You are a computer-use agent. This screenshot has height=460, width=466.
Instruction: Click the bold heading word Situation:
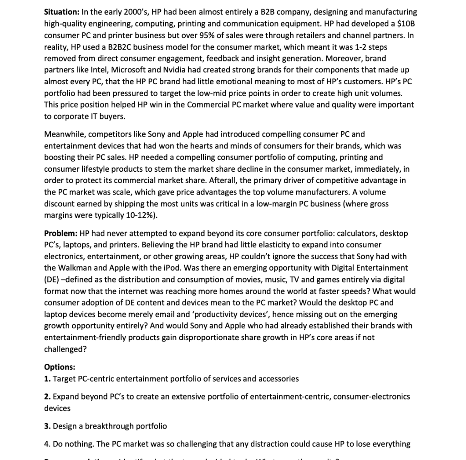coord(62,12)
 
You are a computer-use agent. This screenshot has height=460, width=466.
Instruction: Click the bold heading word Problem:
coord(61,233)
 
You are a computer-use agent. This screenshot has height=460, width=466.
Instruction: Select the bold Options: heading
coord(60,367)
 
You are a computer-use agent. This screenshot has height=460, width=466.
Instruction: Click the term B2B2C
coord(121,47)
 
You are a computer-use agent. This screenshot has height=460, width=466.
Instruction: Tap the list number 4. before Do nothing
coord(47,444)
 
